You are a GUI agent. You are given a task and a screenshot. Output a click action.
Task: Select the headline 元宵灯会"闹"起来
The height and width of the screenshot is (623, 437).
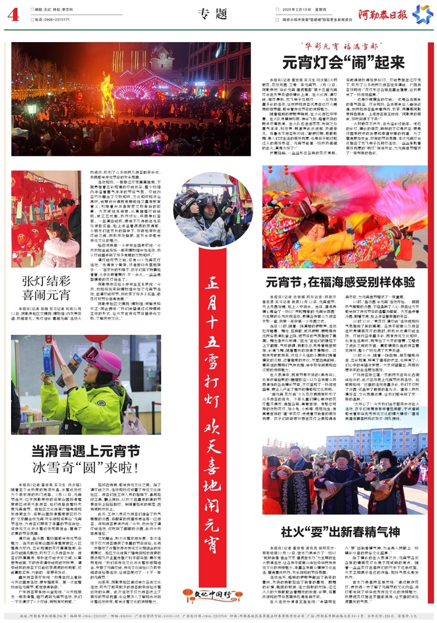click(x=343, y=62)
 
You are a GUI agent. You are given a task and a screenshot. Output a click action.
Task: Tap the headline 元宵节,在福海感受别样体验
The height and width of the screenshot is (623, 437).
click(x=341, y=282)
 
